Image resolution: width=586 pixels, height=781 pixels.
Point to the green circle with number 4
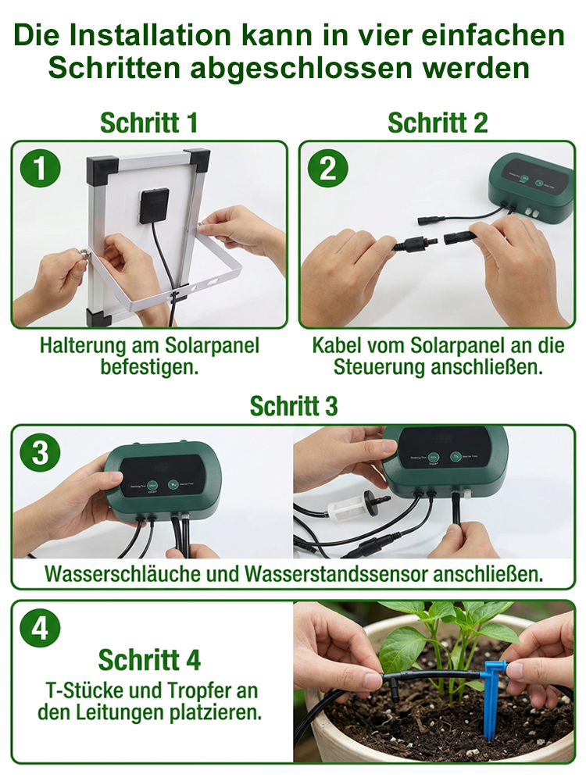[x=41, y=629]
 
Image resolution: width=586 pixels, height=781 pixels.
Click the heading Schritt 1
[x=148, y=123]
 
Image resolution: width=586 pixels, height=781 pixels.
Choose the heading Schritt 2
[x=438, y=123]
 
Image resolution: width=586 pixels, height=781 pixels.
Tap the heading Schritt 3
[x=293, y=406]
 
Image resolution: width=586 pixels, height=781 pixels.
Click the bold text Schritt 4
[x=149, y=660]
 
